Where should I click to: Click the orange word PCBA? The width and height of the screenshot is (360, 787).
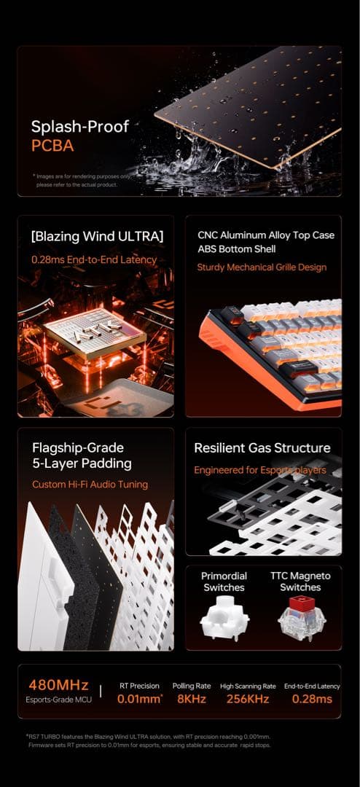[x=52, y=146]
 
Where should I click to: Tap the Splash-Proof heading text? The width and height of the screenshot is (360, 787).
[x=79, y=126]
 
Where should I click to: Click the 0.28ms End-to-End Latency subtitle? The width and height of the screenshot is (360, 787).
[x=94, y=259]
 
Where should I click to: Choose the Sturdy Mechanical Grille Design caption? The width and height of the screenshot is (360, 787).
[x=262, y=267]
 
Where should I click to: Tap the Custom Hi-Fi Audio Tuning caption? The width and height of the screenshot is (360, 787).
[x=90, y=485]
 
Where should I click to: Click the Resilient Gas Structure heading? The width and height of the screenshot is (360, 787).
[x=262, y=448]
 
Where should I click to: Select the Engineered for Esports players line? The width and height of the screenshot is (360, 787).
[x=260, y=470]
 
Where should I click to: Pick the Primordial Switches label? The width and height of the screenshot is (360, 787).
[x=224, y=582]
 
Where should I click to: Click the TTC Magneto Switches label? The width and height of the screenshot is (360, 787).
[x=300, y=582]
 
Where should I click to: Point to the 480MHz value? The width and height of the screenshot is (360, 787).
[x=58, y=685]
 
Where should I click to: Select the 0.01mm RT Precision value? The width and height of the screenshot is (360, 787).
[x=140, y=699]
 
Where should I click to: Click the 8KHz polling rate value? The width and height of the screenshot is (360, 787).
[x=192, y=699]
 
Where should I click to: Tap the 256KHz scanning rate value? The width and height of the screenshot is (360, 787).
[x=248, y=699]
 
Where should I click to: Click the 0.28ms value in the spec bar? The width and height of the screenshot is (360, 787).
[x=312, y=699]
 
